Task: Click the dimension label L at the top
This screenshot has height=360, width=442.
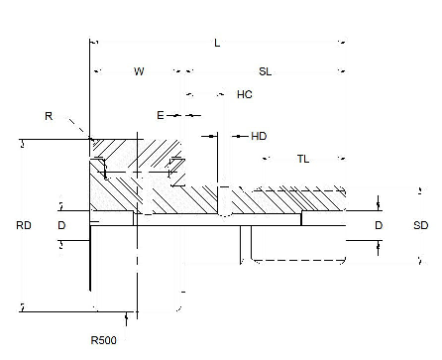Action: point(217,43)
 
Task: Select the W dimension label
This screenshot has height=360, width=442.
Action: point(139,71)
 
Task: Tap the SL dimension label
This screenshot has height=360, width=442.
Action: point(266,71)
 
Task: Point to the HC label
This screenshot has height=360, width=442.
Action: point(244,95)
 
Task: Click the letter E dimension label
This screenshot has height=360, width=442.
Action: point(161,115)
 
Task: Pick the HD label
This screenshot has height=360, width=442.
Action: point(259,136)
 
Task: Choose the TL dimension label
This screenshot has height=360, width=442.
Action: point(304,160)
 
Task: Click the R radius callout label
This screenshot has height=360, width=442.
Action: point(49,116)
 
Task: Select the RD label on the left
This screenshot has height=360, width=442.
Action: point(24,226)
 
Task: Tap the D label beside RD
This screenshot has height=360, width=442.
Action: point(61,226)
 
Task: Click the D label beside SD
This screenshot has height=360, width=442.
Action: point(379,226)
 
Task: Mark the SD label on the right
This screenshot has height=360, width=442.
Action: point(420,226)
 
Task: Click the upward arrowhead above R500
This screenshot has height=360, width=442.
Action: point(127,316)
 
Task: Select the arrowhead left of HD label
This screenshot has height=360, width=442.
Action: point(234,136)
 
